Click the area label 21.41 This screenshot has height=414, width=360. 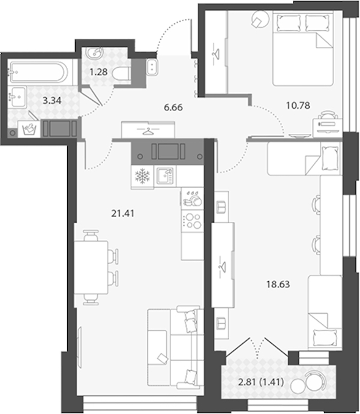point(122,214)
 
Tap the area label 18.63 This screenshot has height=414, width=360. point(278,284)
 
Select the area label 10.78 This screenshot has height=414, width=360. point(298,106)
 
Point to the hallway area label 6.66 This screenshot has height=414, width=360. point(173,107)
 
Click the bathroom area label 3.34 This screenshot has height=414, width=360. point(52,100)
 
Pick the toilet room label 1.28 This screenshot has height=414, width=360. point(98,72)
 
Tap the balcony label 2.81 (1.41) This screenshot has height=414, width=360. point(261,382)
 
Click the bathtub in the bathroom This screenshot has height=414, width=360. point(39,72)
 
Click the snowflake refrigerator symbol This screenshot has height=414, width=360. point(142,176)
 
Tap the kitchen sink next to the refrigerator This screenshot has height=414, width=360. point(165,176)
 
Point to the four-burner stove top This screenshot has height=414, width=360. point(193,221)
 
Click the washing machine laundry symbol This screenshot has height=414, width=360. point(29,129)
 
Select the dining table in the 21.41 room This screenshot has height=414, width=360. point(91,267)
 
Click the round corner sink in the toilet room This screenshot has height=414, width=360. point(94,53)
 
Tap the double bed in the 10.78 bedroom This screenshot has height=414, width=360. point(302,49)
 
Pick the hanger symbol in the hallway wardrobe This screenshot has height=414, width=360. point(148,131)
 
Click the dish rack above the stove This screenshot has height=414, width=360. point(193,199)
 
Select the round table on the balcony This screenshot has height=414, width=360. point(299,386)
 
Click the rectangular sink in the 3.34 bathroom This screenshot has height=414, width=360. point(17,97)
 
